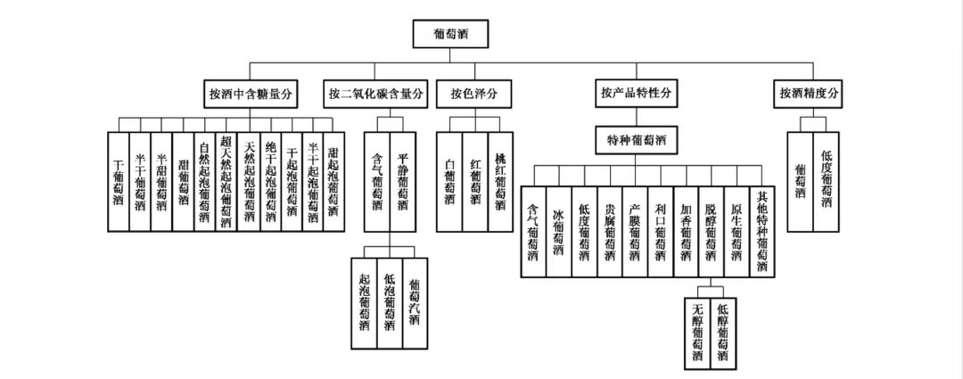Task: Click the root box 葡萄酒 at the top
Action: (451, 35)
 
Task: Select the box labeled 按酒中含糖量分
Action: (251, 93)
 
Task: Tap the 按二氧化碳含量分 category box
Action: (377, 93)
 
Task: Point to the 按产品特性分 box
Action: (636, 93)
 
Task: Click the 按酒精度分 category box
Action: (810, 93)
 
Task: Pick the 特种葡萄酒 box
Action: (637, 140)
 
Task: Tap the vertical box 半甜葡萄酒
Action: (161, 181)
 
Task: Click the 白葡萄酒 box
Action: (449, 181)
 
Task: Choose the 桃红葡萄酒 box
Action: (499, 181)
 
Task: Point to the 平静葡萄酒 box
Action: (402, 181)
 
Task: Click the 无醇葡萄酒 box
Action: (697, 331)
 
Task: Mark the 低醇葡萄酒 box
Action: (722, 331)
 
